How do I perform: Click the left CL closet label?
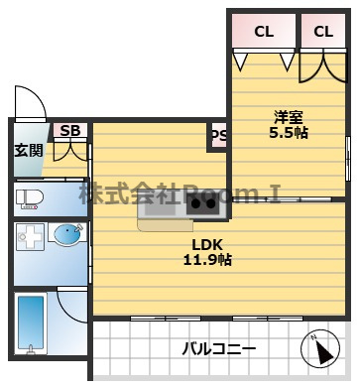[264, 32]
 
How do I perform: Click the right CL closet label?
[323, 32]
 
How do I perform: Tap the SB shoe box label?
[70, 131]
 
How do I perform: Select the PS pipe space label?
[219, 135]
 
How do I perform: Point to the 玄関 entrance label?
[29, 151]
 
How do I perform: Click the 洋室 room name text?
[289, 117]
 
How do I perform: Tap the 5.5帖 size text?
[289, 133]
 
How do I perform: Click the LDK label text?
[207, 245]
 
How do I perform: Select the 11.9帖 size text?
[207, 260]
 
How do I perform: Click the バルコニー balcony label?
[219, 348]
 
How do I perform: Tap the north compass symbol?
[320, 349]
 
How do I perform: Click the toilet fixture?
[30, 199]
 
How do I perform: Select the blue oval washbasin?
[67, 234]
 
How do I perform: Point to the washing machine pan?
[30, 236]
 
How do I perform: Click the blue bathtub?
[31, 322]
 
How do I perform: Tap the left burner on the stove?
[195, 204]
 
